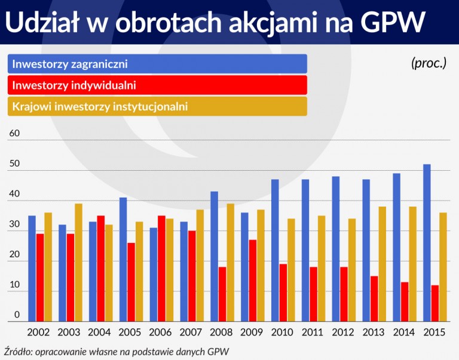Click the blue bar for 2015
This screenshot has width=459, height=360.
[x=427, y=243]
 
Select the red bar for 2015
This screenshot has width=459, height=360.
[x=435, y=303]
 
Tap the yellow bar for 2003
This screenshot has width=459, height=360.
[x=78, y=263]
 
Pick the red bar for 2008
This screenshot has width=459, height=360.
[x=222, y=294]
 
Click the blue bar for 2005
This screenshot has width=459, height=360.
[x=123, y=260]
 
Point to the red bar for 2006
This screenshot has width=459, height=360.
[x=161, y=269]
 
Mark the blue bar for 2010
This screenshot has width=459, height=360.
[x=275, y=251]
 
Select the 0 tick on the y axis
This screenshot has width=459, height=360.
[x=17, y=315]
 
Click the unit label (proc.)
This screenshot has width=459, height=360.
[x=429, y=63]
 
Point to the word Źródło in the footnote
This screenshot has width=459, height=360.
[x=18, y=350]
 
